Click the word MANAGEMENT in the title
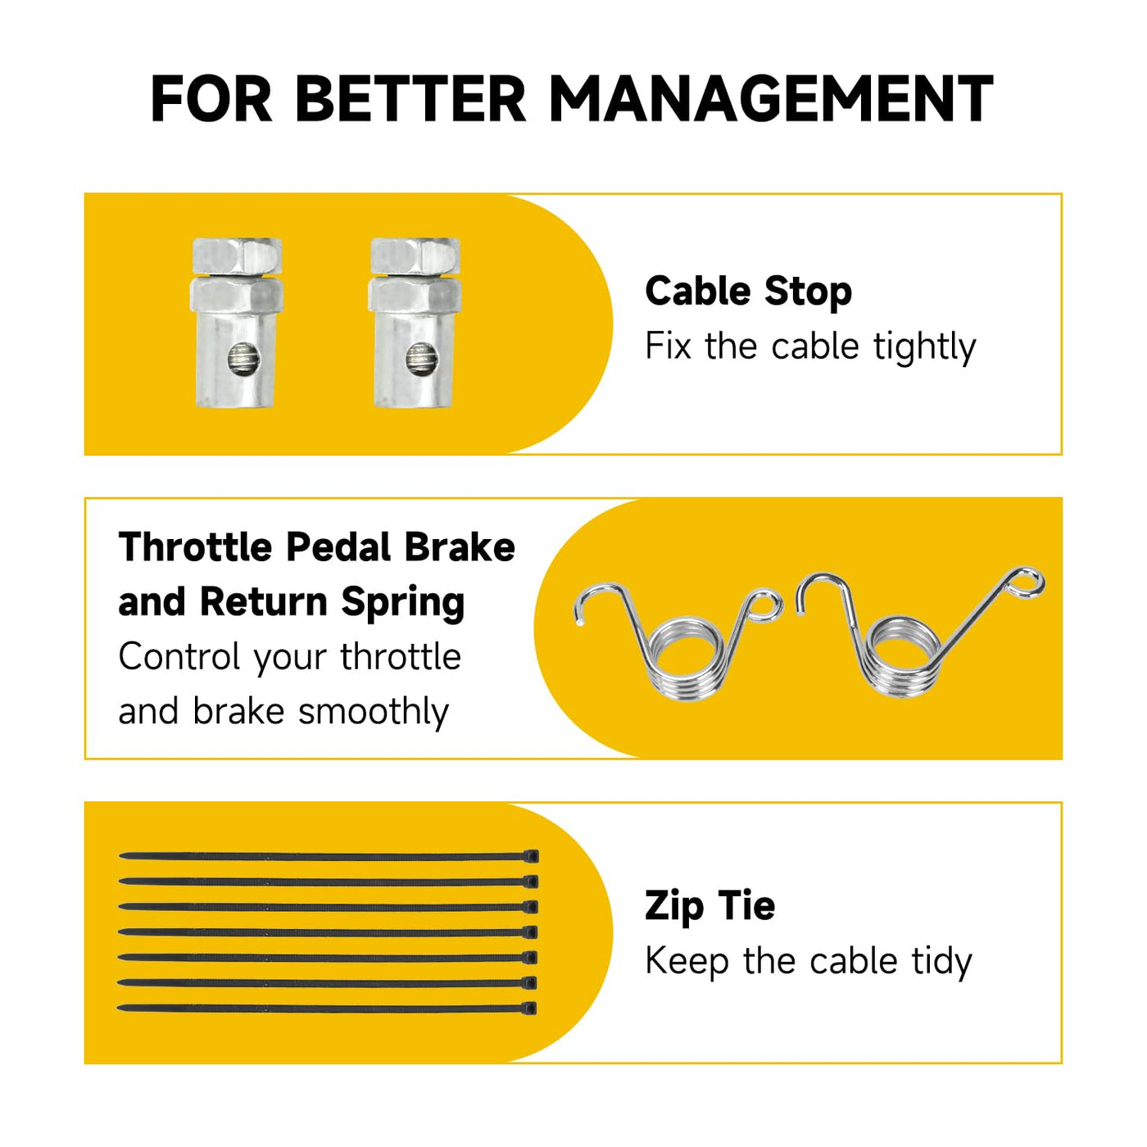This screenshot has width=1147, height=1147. [771, 98]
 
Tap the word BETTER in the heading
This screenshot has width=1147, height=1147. [410, 98]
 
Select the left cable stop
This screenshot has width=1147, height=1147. [236, 323]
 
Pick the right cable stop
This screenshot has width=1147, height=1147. [415, 323]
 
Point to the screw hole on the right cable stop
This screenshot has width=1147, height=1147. [422, 359]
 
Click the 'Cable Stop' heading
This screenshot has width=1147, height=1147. [748, 292]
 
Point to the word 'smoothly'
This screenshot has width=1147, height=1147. [374, 713]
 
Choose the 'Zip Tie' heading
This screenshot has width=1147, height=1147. [710, 906]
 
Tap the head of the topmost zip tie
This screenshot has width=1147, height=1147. [531, 856]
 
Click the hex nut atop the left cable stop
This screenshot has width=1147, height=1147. [236, 256]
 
